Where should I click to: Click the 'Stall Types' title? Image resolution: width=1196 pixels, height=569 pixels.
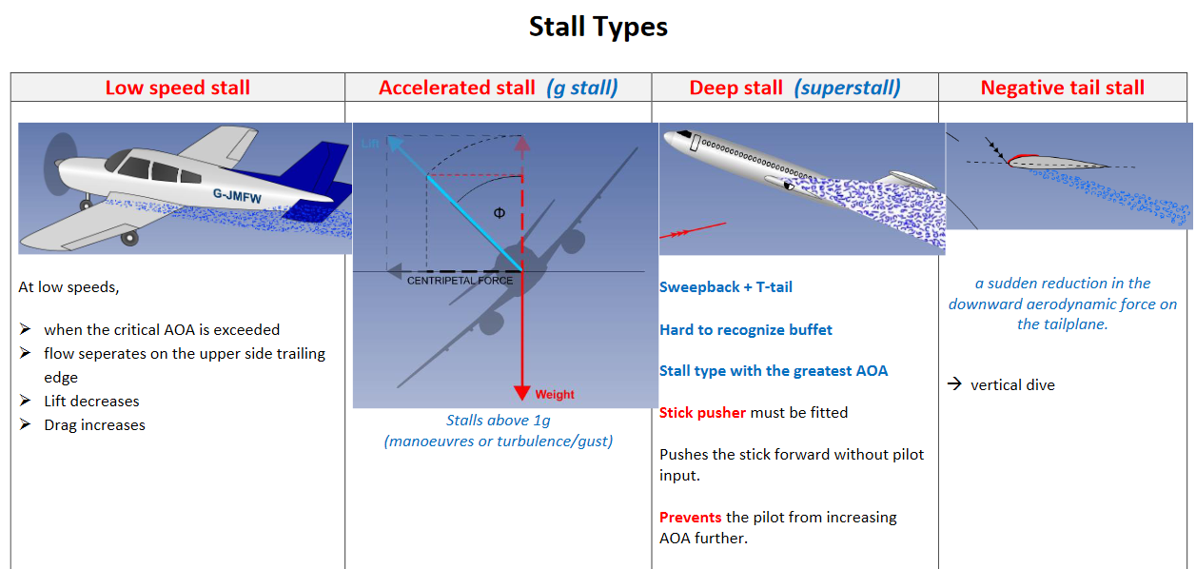click(598, 27)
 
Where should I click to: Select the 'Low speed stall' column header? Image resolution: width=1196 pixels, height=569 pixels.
click(177, 88)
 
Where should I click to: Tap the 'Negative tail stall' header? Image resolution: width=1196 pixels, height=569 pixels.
click(1063, 88)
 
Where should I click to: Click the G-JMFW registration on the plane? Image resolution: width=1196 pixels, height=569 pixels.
click(237, 196)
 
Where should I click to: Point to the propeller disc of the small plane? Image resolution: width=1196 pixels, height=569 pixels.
click(60, 165)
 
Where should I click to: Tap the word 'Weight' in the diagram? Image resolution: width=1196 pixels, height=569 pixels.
click(555, 395)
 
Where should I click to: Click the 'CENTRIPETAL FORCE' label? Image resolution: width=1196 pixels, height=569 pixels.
click(460, 281)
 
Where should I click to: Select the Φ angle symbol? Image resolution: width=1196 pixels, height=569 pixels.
click(500, 213)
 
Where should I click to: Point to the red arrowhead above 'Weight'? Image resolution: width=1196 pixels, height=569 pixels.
click(521, 392)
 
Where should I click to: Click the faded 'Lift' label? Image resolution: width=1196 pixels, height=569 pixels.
click(370, 143)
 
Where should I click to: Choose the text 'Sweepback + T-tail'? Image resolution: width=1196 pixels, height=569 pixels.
click(726, 287)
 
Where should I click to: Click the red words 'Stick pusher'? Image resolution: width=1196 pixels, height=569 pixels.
click(702, 413)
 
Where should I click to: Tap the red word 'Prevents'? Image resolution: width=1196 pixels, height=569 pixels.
click(691, 518)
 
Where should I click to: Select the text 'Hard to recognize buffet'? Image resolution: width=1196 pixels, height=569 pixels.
click(745, 330)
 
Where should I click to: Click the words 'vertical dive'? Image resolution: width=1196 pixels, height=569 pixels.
click(1012, 384)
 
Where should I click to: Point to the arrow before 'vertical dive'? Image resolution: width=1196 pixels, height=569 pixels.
click(954, 383)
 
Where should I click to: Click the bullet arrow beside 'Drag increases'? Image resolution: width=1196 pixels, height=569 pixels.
click(25, 424)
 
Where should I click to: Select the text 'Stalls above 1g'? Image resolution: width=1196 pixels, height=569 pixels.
click(499, 421)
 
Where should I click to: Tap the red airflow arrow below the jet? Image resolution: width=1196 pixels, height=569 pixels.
click(693, 230)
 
